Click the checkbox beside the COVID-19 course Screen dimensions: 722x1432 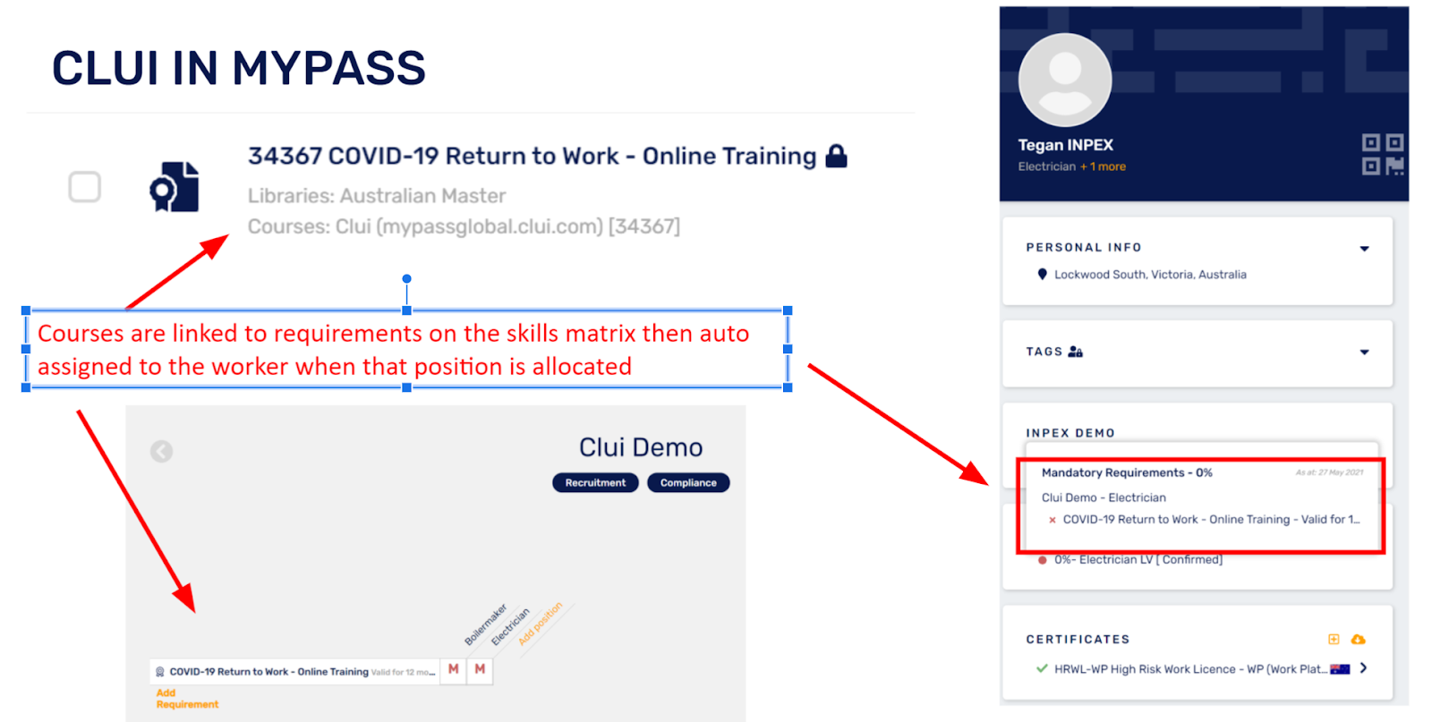85,187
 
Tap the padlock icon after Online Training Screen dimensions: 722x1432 836,157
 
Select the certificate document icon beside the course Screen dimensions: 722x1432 175,187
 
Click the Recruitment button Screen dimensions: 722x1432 595,483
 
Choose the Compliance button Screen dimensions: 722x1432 688,483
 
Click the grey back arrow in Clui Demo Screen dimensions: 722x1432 162,451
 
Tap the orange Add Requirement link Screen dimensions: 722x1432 186,699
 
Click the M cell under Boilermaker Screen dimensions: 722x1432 454,669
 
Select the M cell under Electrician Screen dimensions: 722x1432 481,669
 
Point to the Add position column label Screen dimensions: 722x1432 541,623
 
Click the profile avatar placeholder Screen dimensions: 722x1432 1065,80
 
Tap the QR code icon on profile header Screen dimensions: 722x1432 1382,154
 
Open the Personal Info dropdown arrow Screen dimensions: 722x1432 1364,249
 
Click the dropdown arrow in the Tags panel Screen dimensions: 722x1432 1364,353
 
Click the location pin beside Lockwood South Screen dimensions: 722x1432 1042,275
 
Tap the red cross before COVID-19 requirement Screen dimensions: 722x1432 1053,520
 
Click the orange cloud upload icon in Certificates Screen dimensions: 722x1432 1358,640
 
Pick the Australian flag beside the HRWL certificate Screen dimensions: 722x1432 1340,669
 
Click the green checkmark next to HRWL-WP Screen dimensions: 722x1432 1042,668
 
